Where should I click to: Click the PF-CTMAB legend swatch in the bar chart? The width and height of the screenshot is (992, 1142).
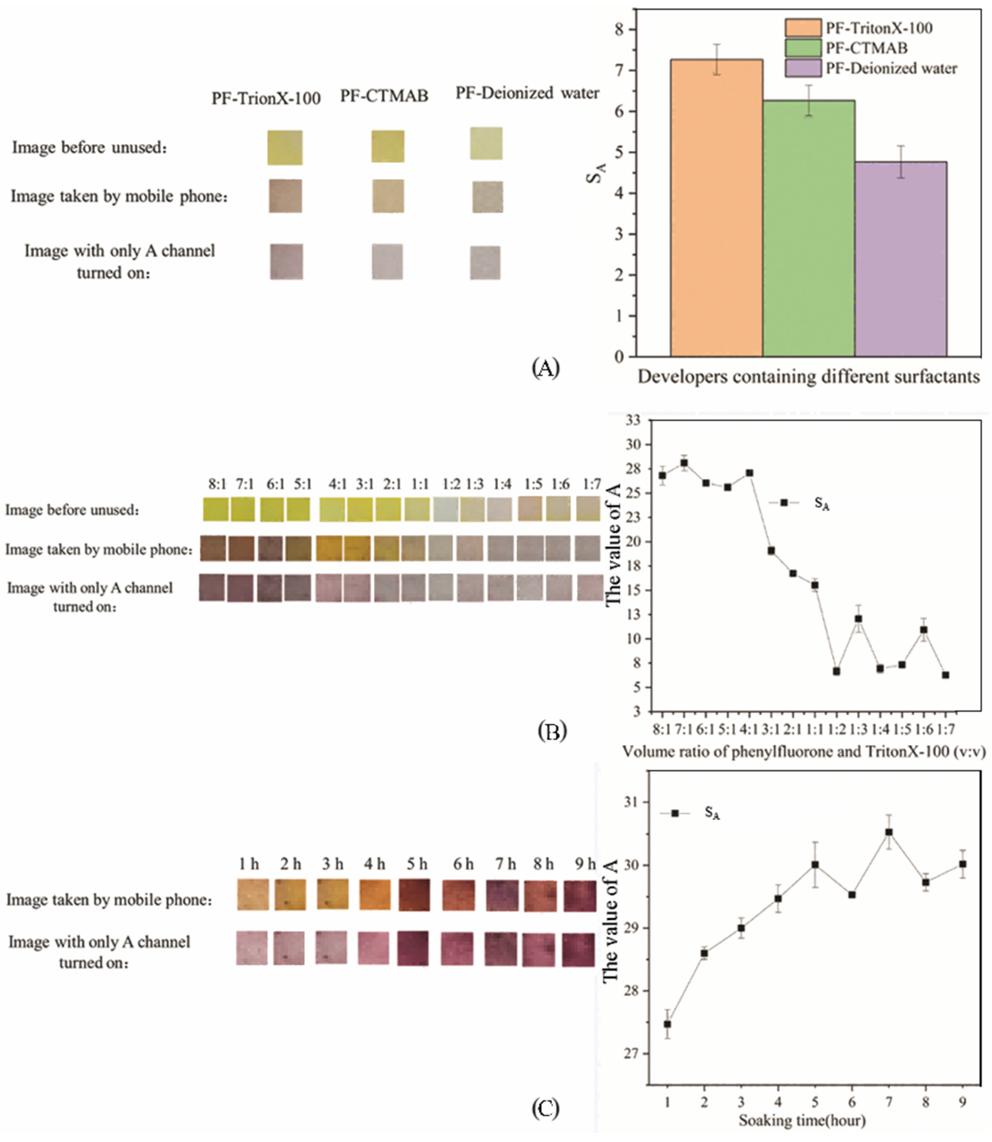click(x=803, y=48)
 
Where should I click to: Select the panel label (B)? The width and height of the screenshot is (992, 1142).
click(x=552, y=731)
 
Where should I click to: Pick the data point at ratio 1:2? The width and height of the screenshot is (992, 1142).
click(x=837, y=671)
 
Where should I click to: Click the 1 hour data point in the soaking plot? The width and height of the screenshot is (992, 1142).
click(x=668, y=1024)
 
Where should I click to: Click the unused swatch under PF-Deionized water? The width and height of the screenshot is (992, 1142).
click(x=486, y=143)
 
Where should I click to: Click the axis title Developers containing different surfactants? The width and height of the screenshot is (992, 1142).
click(x=809, y=377)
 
